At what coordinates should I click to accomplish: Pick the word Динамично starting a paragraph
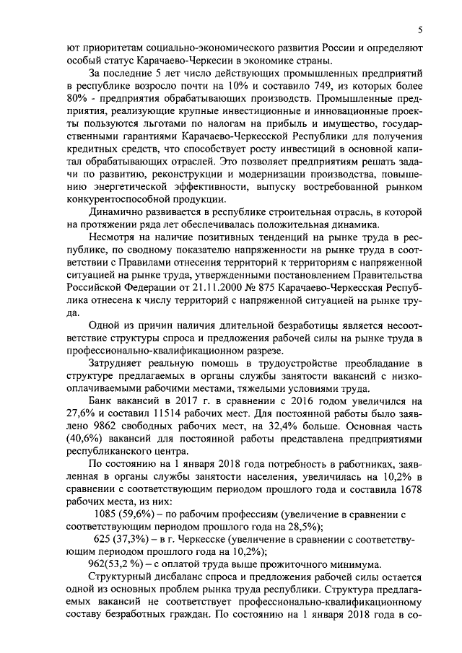[x=114, y=212]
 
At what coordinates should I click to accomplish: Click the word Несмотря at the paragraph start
[x=111, y=238]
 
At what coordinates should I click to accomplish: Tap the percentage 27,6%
[x=77, y=416]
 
